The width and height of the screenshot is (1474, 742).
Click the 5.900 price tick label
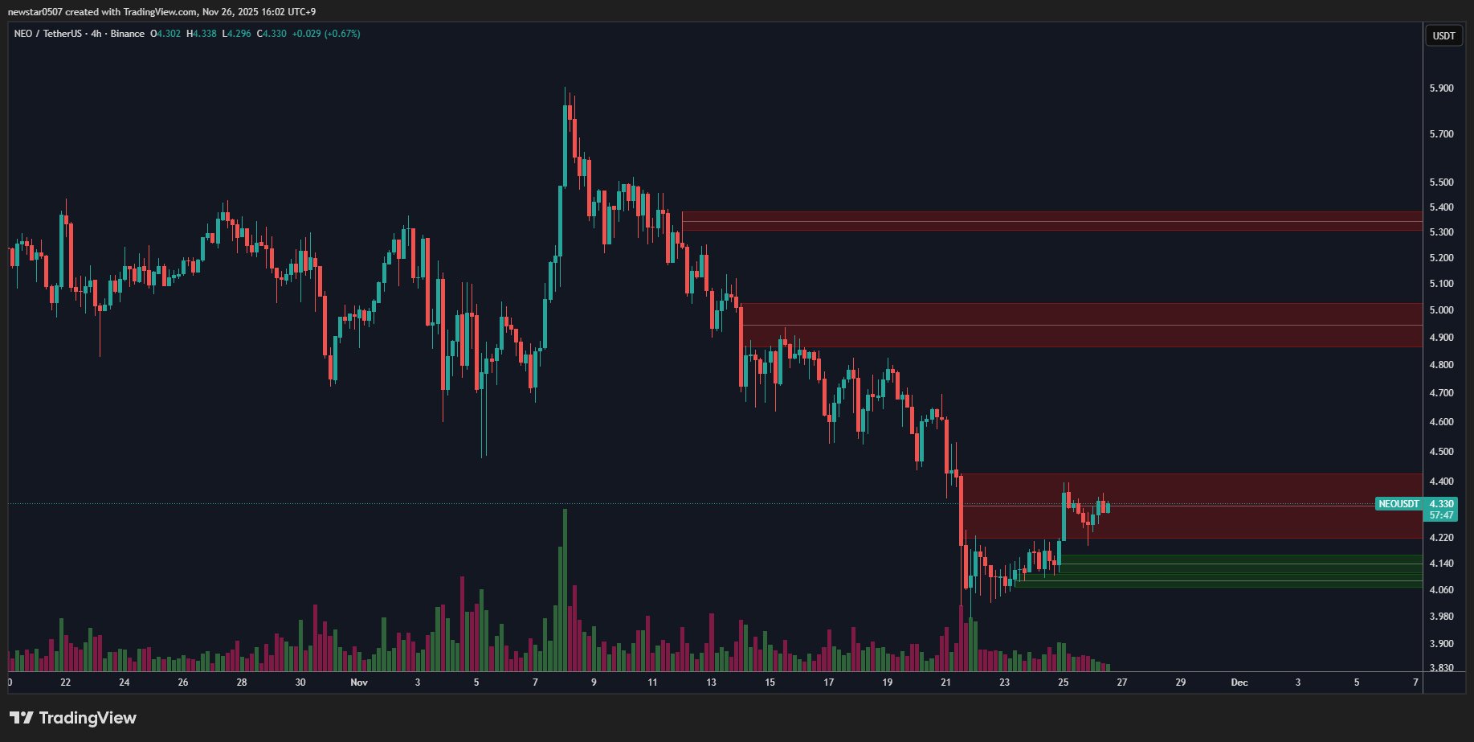tap(1441, 88)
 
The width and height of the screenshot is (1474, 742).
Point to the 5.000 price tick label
tap(1441, 310)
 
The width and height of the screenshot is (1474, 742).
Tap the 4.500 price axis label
tap(1441, 452)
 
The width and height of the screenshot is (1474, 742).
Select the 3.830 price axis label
tap(1441, 668)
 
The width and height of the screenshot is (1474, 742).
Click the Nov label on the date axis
tap(359, 683)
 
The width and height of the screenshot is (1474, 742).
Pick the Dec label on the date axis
tap(1239, 683)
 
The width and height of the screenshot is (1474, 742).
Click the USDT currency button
tap(1443, 35)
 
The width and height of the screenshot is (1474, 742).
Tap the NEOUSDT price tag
tap(1398, 504)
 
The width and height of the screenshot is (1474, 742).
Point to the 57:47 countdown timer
tap(1441, 515)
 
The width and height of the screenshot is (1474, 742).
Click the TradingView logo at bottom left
tap(73, 718)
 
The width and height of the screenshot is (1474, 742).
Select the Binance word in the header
tap(128, 34)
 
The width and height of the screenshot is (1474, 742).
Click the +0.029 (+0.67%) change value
tap(325, 34)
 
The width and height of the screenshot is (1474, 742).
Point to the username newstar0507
tap(35, 12)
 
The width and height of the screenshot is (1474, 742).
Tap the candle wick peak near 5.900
tap(565, 88)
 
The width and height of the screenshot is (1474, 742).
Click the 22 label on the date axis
tap(65, 683)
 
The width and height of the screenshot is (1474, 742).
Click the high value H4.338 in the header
tap(202, 34)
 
